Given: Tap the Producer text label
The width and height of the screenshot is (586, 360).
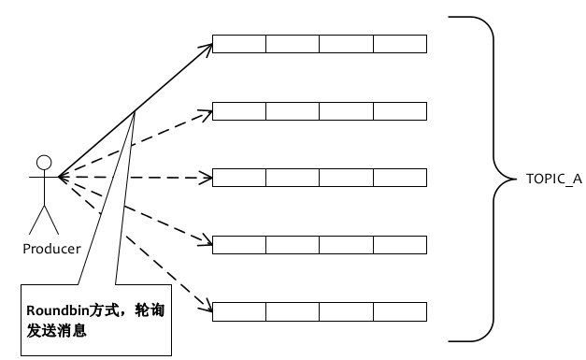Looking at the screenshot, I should point(51,248).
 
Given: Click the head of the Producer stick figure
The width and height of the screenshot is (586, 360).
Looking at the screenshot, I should point(43,158).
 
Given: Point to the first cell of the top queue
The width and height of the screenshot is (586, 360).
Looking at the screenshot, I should point(239,44).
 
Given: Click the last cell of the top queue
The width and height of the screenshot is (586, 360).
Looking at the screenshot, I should point(400,44).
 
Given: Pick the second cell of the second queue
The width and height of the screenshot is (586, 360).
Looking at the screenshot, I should point(293,110).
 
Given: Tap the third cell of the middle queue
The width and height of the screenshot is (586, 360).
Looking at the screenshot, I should point(347,177).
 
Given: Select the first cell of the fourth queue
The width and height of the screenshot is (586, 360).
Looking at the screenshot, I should point(239,243).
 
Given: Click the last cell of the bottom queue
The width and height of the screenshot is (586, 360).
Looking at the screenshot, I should point(400,310).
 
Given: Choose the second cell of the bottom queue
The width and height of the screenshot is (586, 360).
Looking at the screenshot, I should point(293,310).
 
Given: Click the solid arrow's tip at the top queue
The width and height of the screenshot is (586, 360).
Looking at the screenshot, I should point(210,45).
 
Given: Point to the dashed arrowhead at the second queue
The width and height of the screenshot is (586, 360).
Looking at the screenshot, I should point(209,112).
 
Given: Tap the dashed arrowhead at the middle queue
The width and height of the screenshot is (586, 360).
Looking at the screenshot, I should point(209,177).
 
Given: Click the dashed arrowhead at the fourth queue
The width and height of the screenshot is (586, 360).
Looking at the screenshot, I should point(209,243).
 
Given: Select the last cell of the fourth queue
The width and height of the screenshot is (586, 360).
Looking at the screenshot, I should point(400,243).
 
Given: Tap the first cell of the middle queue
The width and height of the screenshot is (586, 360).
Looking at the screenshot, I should point(239,177).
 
